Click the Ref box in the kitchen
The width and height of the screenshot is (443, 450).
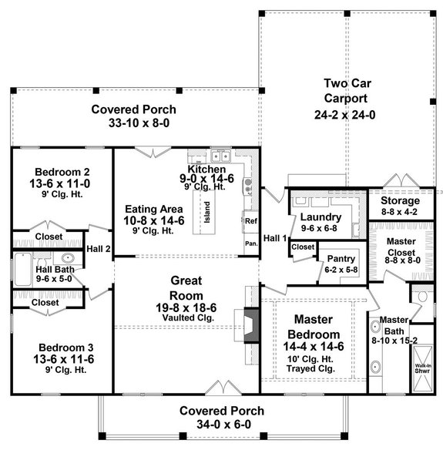(250, 221)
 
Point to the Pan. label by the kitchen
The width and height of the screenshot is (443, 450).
(250, 242)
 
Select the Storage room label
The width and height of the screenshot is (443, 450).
(401, 201)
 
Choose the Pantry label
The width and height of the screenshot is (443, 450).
(341, 260)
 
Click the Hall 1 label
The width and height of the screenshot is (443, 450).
(274, 238)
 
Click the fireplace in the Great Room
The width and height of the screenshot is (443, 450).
(250, 324)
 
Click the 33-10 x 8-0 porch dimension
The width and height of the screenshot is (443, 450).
(134, 123)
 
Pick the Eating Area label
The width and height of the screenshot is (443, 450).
(156, 208)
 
